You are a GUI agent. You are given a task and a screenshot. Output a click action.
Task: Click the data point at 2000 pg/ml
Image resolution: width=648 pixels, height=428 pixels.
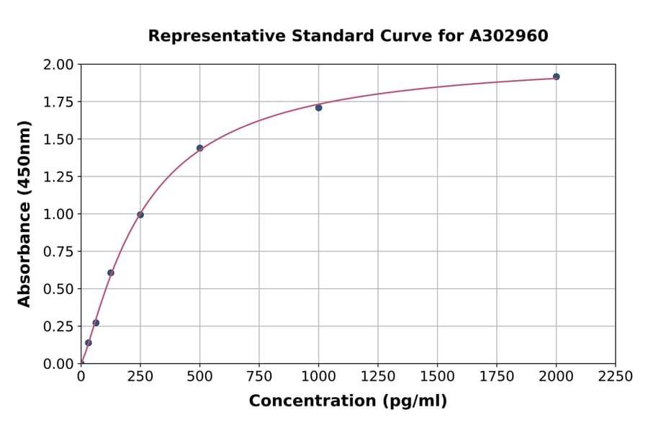point(556,76)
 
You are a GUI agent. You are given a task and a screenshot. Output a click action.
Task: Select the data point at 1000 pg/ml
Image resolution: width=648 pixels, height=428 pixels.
point(318,107)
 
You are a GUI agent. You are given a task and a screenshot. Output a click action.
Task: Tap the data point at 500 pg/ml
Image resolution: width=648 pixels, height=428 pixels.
point(199,148)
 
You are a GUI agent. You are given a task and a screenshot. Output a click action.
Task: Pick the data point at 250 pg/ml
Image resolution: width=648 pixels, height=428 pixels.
point(140,215)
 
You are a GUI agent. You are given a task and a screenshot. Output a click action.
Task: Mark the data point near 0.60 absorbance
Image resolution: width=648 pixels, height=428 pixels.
point(111,272)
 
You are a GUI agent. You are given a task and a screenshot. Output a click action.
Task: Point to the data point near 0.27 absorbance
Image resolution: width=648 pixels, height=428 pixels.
point(96,323)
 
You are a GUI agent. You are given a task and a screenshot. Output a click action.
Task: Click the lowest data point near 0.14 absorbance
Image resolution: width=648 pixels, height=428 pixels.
point(89,342)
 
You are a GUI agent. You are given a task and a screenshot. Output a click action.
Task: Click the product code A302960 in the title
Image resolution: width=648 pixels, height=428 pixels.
point(509,36)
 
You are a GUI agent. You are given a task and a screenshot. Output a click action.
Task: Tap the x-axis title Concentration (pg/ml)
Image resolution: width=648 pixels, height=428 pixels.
point(348,401)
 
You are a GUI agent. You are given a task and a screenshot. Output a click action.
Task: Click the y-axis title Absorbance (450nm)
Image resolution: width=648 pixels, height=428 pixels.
point(24,214)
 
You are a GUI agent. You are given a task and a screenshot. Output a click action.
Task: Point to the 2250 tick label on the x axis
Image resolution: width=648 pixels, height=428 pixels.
point(615,377)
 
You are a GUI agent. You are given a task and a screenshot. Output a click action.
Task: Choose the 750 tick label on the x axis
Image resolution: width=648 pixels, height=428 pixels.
point(258,377)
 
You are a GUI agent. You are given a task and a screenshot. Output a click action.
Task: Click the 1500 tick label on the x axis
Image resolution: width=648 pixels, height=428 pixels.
point(437,377)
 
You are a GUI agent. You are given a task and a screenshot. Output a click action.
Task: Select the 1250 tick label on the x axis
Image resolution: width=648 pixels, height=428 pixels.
point(377,377)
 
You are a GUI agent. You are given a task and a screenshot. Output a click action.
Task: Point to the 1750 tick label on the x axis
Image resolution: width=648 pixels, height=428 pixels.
point(496,377)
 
